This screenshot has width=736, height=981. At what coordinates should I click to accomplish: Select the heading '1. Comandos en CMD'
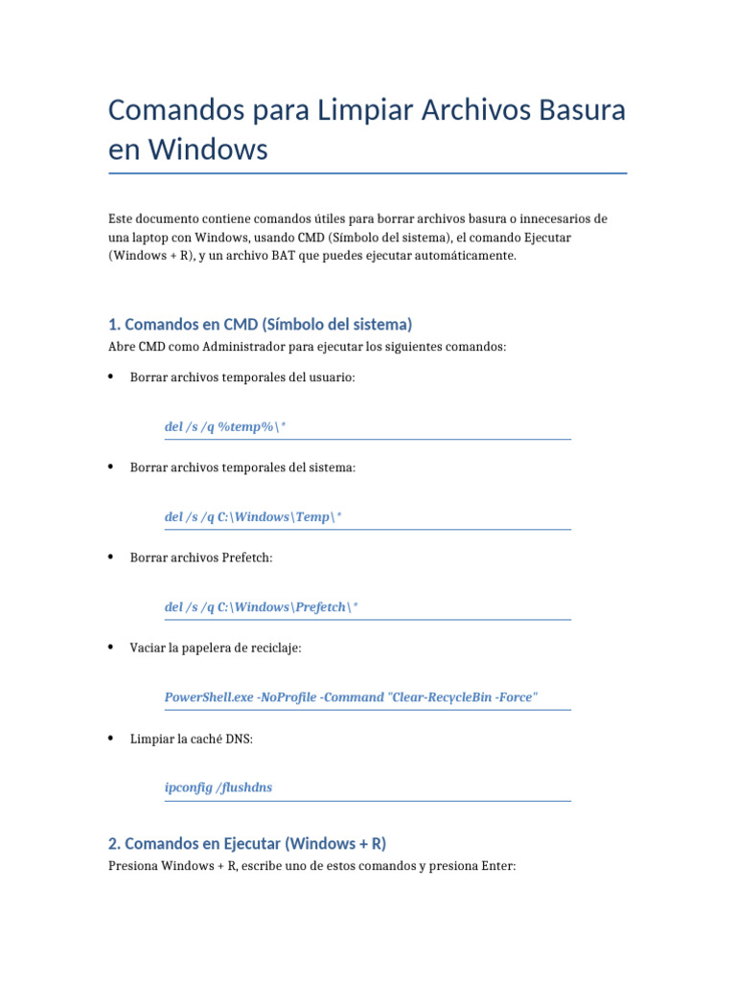point(260,324)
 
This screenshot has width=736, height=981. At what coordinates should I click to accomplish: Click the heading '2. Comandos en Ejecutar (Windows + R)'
point(247,843)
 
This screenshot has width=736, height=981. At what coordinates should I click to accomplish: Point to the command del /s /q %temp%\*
point(225,426)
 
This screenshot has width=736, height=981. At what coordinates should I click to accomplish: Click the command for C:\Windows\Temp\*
point(253,516)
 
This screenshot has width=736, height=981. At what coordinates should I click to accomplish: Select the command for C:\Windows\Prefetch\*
point(262,606)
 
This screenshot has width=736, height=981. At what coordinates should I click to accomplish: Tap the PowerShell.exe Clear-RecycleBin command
point(351,696)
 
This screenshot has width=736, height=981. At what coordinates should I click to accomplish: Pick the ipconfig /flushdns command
point(218,787)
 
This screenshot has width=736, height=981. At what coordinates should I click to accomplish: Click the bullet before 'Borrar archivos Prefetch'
point(112,557)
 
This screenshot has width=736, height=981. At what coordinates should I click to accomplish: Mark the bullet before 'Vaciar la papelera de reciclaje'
point(112,647)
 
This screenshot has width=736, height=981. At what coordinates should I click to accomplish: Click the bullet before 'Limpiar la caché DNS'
point(112,738)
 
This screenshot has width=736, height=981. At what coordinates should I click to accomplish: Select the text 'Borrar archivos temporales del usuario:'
point(242,377)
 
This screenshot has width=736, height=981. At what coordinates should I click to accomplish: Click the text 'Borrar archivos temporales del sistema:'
point(242,468)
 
